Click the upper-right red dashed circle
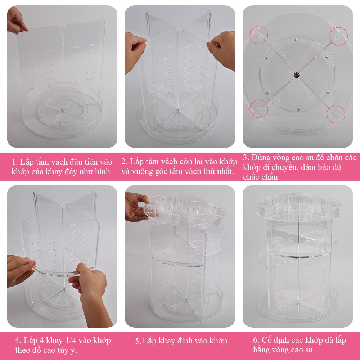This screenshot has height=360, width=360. point(339,28)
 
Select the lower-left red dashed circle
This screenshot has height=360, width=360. point(250,109)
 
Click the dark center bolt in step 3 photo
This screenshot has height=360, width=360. point(296,75)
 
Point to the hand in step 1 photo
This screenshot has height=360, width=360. point(16,21)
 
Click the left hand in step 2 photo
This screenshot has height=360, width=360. point(135,52)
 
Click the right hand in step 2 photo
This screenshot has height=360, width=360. point(222,50)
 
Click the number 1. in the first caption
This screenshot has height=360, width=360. point(15,162)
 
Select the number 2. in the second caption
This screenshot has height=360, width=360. point(124,162)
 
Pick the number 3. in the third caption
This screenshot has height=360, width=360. point(246,158)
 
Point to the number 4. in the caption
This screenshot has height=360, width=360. point(18,341)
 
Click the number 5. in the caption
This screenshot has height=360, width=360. point(138,341)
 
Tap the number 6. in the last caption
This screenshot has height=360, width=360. point(256,340)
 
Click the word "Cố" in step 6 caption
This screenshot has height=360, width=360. point(266,339)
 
